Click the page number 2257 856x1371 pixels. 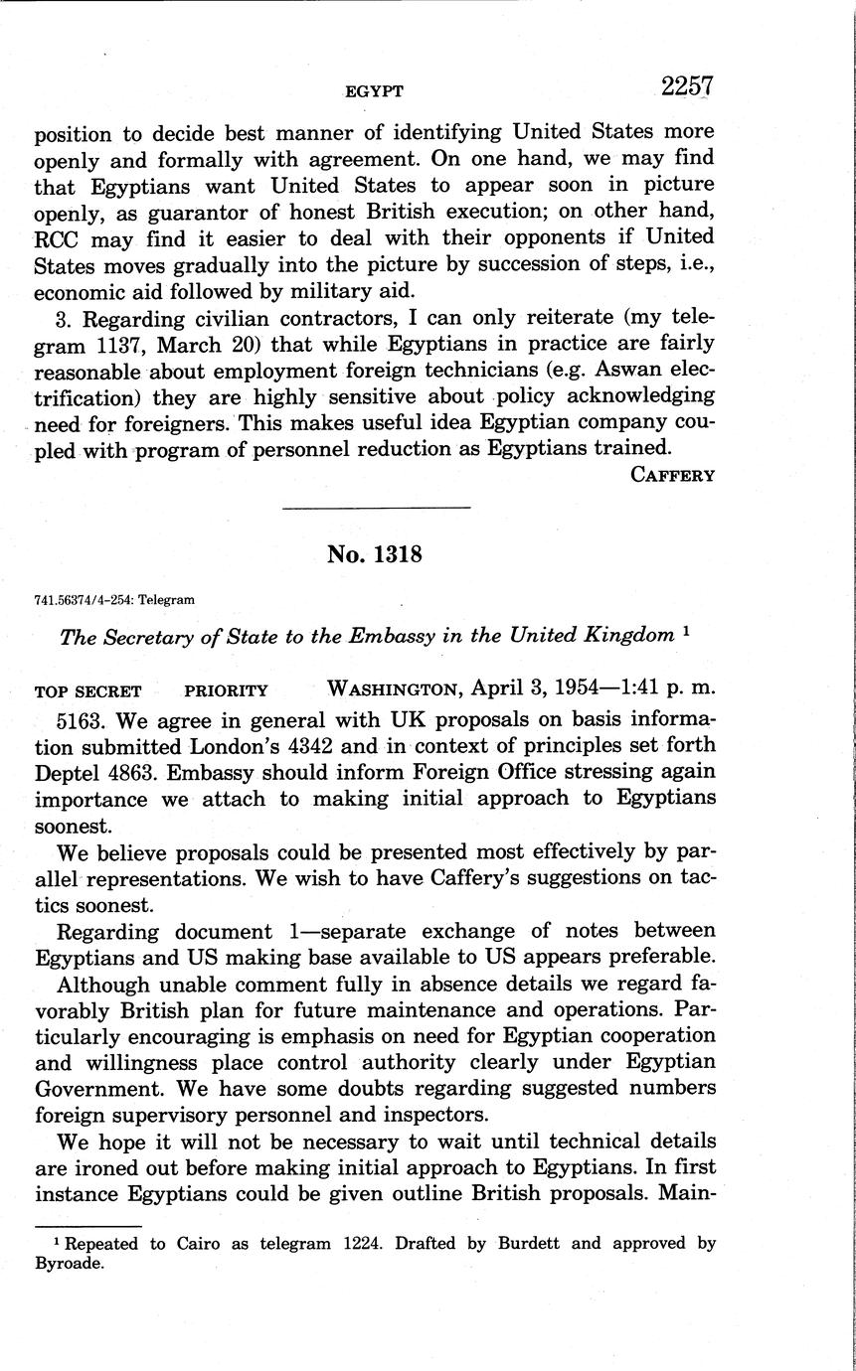coord(687,87)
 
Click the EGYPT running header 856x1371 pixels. coord(374,91)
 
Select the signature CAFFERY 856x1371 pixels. coord(673,474)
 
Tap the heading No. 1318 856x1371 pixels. coord(375,555)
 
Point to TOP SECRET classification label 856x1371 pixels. coord(87,690)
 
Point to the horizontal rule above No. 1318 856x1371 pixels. coord(375,509)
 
